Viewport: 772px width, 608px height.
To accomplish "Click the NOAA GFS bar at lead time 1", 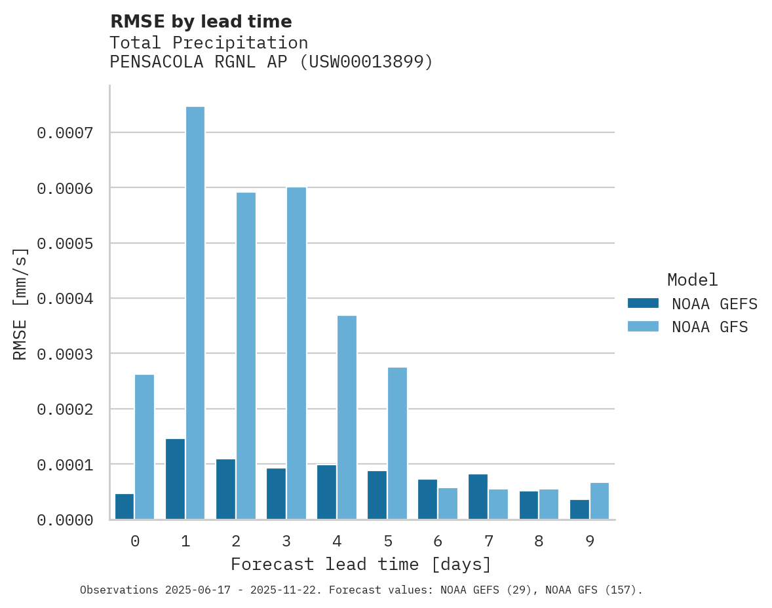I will [x=195, y=313].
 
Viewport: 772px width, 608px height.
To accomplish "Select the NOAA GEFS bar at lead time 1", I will [x=175, y=479].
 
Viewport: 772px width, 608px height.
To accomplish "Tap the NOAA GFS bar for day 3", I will [x=296, y=353].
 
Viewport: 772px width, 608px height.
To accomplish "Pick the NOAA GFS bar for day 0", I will [x=145, y=447].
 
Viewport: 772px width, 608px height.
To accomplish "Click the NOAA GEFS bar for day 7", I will [x=478, y=497].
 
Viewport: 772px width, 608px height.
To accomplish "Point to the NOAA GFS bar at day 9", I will [x=599, y=501].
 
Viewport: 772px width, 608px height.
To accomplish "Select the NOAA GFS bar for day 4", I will [x=347, y=417].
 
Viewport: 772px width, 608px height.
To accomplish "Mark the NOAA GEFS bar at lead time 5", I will [x=377, y=495].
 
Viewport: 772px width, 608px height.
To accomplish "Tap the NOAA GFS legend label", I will [x=709, y=326].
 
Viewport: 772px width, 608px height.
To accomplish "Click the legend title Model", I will [x=692, y=280].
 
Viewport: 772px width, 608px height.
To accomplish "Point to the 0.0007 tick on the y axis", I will [x=65, y=133].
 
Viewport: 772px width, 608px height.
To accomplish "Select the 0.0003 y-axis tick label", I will [x=65, y=354].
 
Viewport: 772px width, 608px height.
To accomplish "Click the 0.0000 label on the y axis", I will [x=65, y=520].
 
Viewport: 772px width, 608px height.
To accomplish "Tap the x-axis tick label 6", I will [x=438, y=541].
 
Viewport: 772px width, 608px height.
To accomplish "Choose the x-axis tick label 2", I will [x=236, y=541].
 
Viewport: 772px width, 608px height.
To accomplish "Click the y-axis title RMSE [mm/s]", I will [x=20, y=303].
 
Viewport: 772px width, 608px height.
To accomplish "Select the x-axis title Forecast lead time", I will [x=360, y=564].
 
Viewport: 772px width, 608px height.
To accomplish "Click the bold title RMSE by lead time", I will [x=201, y=22].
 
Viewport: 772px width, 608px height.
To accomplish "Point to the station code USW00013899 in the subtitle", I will [x=365, y=62].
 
